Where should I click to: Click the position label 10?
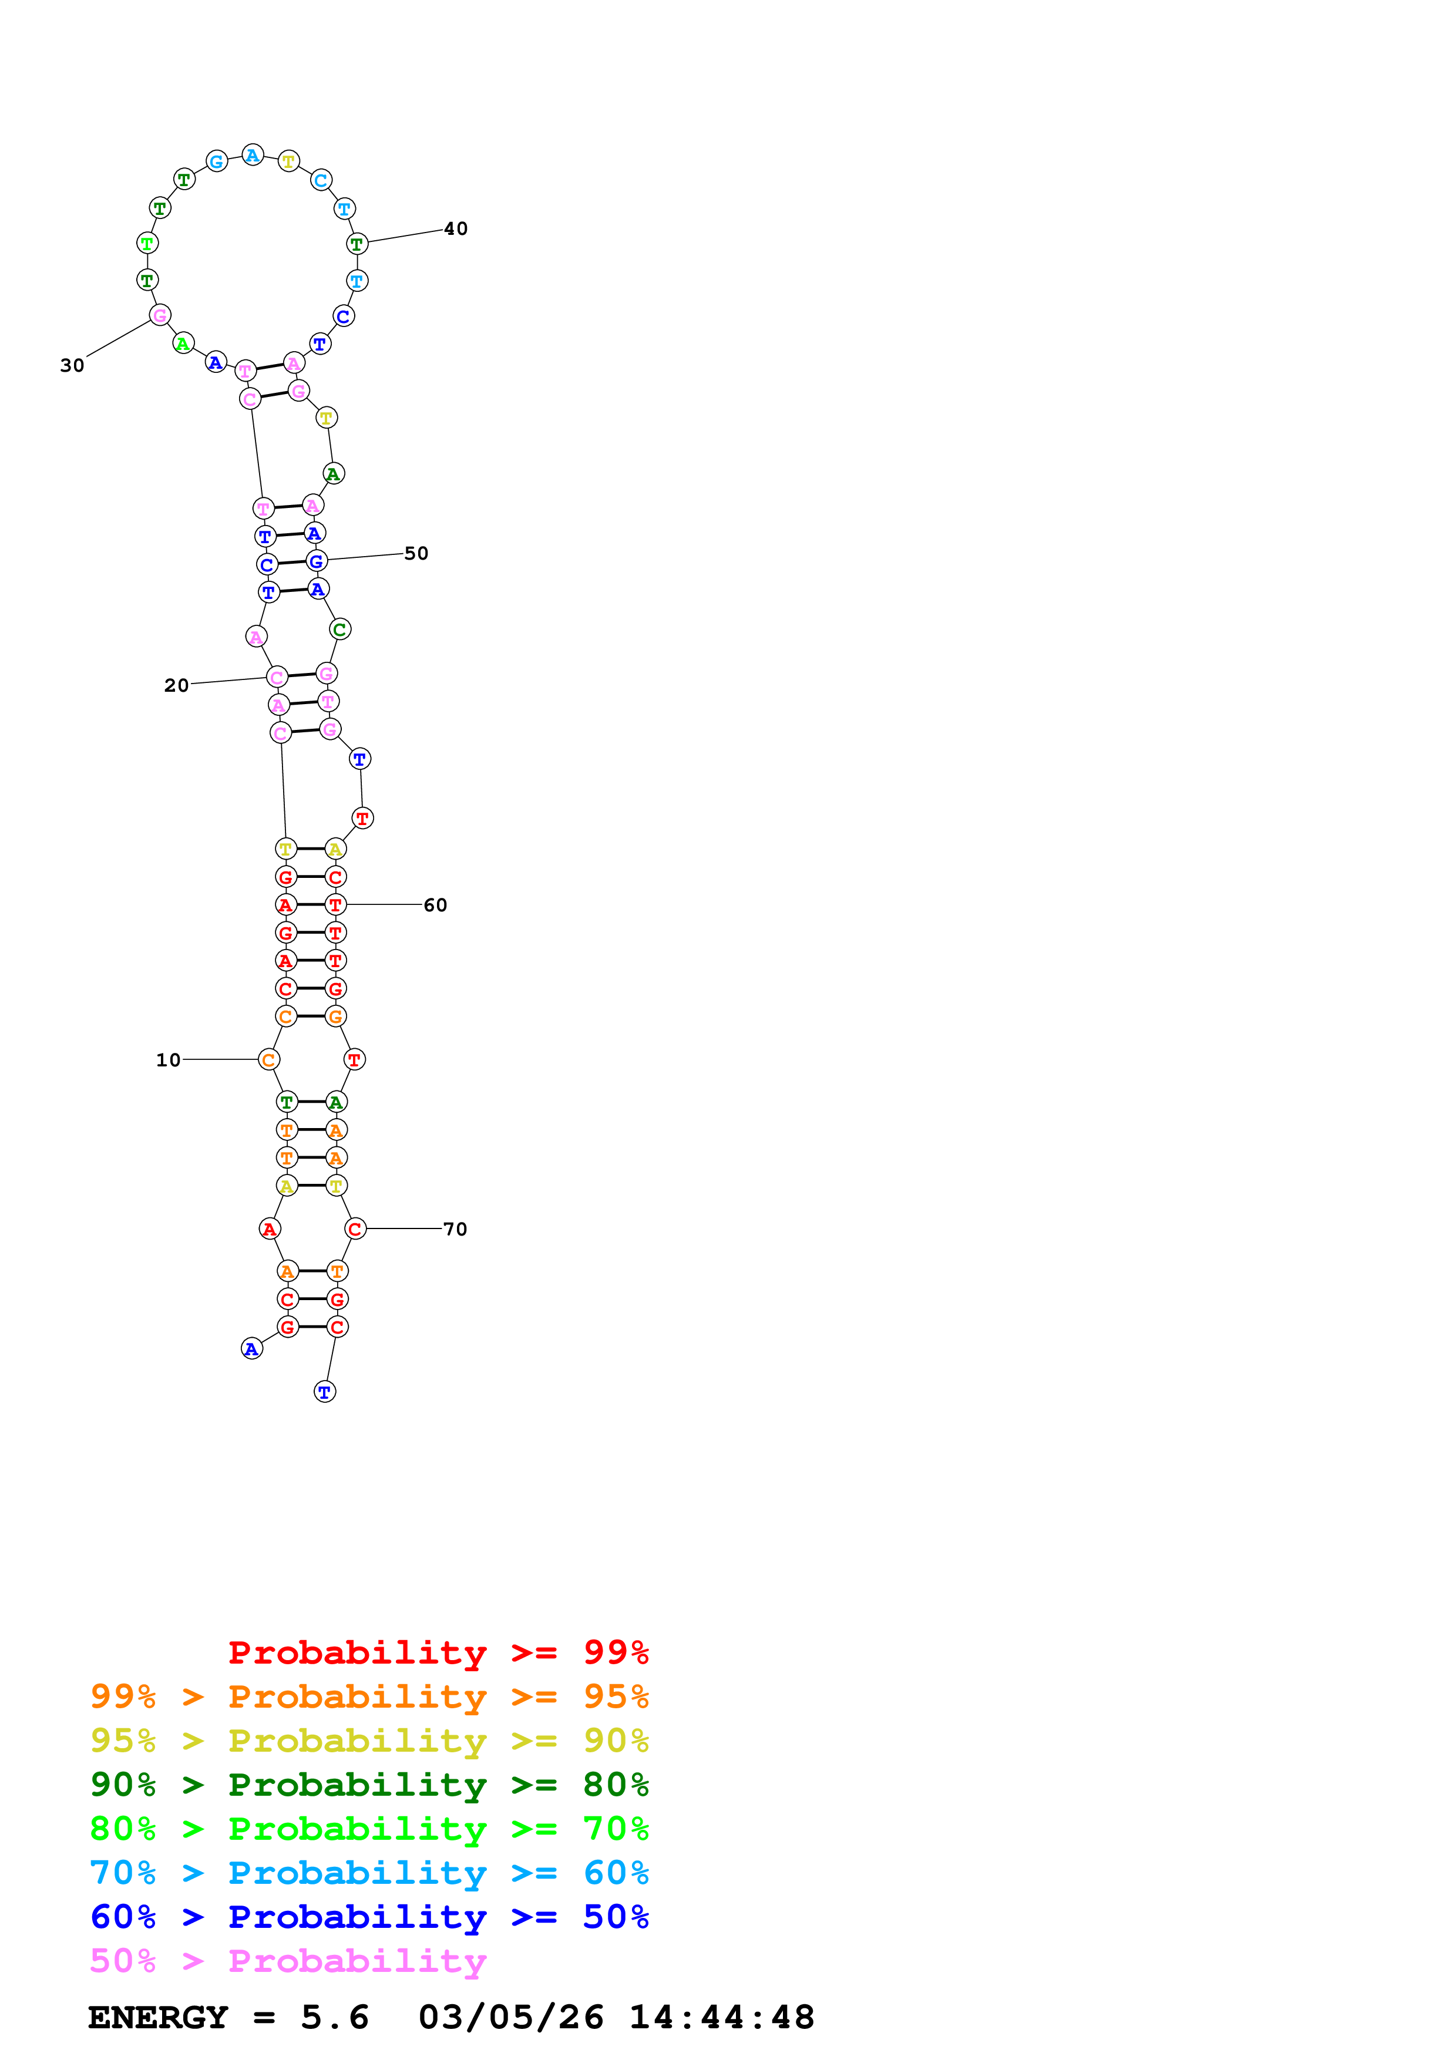tap(168, 1059)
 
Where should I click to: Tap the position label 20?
tap(176, 685)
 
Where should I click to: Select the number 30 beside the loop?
tap(72, 365)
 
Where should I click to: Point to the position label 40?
tap(456, 229)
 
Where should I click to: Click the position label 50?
tap(416, 554)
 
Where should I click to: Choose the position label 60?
tap(435, 906)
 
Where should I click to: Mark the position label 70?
tap(455, 1229)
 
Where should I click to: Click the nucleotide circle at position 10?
tap(268, 1059)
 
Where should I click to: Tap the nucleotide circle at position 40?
tap(357, 243)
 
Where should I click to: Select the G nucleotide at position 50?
tap(316, 561)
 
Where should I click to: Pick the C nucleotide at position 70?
tap(355, 1229)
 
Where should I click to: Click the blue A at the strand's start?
tap(252, 1348)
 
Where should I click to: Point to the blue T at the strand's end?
tap(325, 1392)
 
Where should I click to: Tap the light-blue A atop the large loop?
tap(253, 155)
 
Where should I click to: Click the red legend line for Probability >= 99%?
tap(438, 1652)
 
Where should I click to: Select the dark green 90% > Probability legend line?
tap(369, 1785)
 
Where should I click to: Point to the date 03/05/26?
tap(510, 2017)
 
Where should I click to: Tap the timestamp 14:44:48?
tap(721, 2017)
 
